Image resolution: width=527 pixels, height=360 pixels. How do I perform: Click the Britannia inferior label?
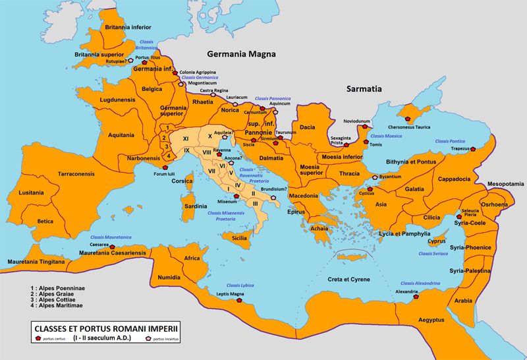coord(123,28)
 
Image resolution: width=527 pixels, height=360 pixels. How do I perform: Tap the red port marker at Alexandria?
coord(416,297)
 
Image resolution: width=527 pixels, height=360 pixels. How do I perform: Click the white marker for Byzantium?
coord(375,177)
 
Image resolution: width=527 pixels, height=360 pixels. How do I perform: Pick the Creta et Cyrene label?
coord(350,280)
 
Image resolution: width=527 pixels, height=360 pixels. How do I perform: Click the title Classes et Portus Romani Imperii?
coord(109,328)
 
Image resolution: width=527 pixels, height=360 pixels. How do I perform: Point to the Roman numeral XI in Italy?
coord(186,138)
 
